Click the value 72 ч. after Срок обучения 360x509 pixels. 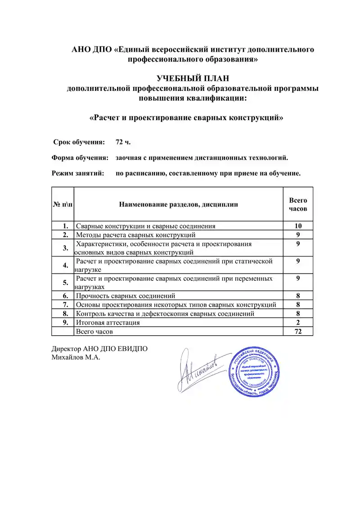(123, 142)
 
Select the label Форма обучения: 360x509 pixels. (80, 158)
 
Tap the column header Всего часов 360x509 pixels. (297, 204)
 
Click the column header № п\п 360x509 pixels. (63, 204)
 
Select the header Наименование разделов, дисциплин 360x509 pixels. (178, 204)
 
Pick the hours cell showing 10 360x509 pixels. (297, 226)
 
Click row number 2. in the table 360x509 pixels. (66, 234)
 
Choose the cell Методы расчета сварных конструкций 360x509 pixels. (135, 234)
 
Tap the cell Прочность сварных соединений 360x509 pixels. (126, 296)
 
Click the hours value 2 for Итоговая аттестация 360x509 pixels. (298, 322)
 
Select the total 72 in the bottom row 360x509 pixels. (297, 331)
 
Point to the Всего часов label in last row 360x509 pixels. (94, 331)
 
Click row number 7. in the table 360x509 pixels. (66, 305)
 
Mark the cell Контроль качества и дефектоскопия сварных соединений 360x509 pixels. (165, 314)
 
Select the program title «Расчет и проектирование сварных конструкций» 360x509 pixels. (186, 118)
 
